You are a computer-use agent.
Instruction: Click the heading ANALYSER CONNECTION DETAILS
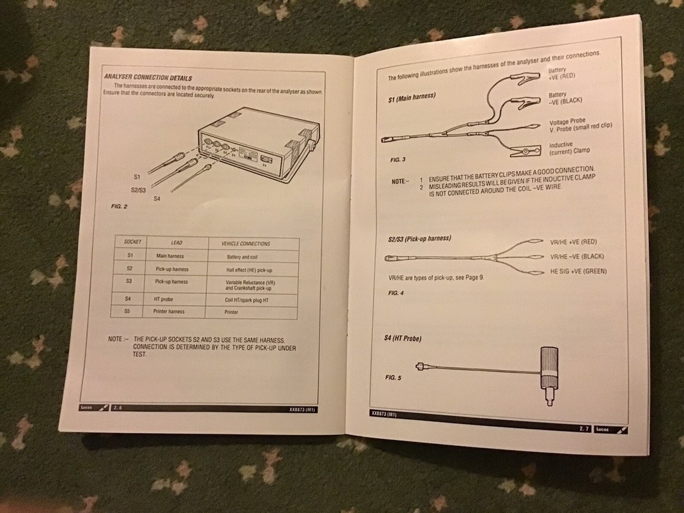point(147,78)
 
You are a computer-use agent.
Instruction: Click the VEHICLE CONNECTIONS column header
point(246,244)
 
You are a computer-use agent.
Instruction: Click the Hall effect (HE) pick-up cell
point(248,269)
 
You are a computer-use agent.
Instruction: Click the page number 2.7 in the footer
point(584,428)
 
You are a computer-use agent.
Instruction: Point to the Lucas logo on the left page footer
point(86,408)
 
